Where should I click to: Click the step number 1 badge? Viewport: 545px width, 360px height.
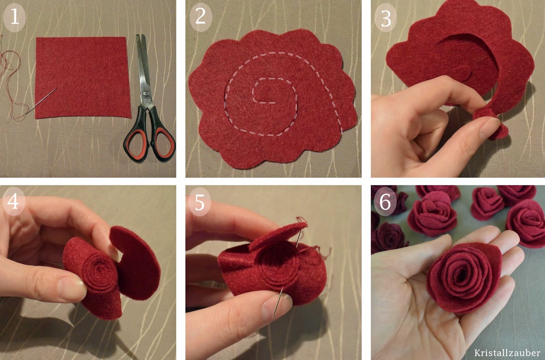tap(14, 18)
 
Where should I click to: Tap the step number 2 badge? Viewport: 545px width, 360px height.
tap(201, 17)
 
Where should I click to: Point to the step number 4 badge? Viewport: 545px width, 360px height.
tap(14, 201)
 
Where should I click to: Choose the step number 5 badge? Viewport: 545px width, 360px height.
tap(200, 202)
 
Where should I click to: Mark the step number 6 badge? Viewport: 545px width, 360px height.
tap(385, 201)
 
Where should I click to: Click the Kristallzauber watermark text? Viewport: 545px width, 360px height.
tap(507, 353)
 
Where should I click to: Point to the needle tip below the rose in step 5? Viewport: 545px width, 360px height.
tap(274, 317)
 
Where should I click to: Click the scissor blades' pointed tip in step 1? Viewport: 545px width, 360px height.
tap(138, 35)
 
